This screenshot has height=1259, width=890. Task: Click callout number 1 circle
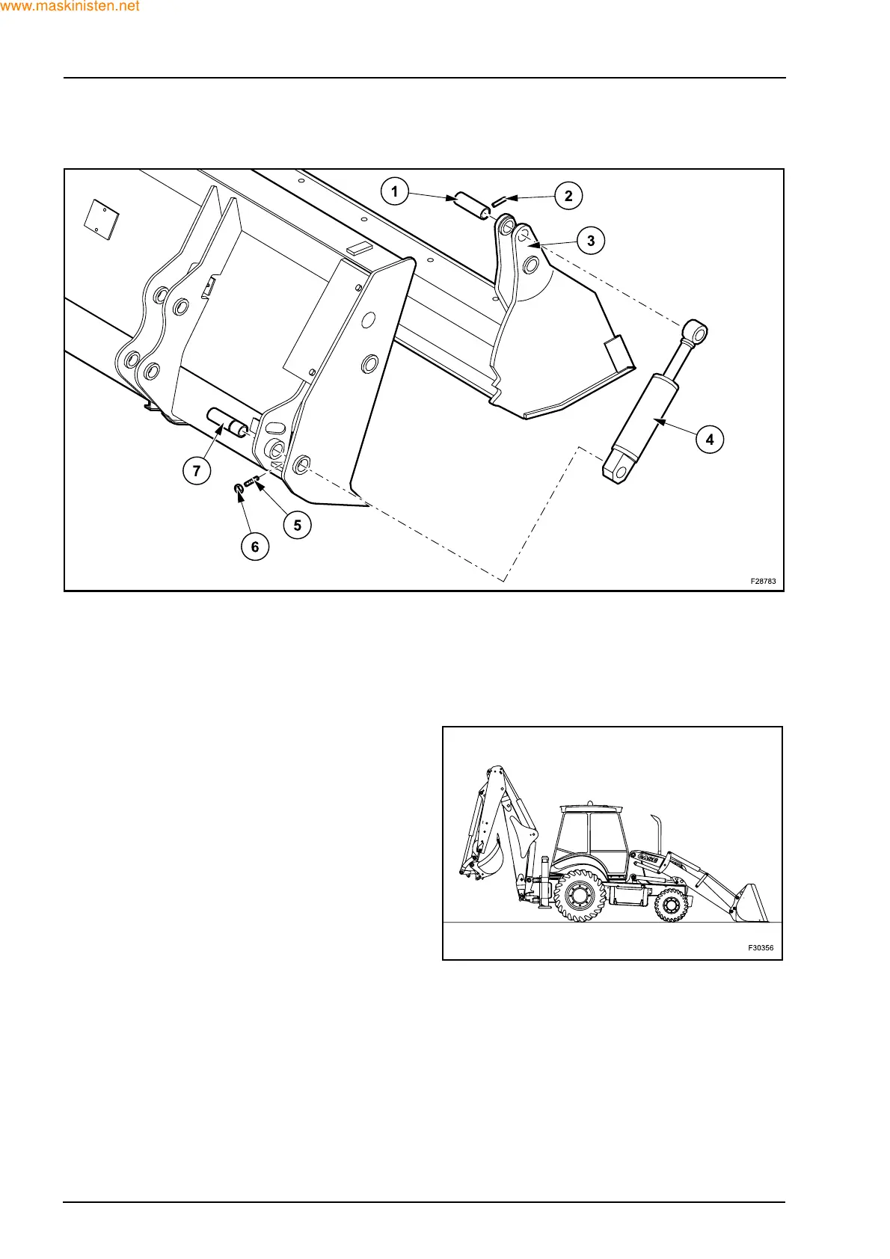point(395,191)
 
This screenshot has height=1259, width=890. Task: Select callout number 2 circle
point(568,196)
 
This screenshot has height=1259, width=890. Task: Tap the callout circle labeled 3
point(591,241)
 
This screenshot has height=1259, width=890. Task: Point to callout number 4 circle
point(710,439)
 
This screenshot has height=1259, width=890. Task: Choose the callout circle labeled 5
point(297,525)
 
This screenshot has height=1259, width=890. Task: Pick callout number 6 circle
point(255,547)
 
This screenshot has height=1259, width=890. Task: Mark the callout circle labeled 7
point(197,470)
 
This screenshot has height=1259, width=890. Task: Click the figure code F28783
point(763,581)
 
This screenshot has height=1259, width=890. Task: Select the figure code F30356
point(761,948)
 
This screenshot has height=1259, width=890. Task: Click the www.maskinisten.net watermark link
point(70,7)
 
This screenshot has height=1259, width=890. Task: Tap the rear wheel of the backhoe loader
point(580,895)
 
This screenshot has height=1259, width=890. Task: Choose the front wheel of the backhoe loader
point(671,905)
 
